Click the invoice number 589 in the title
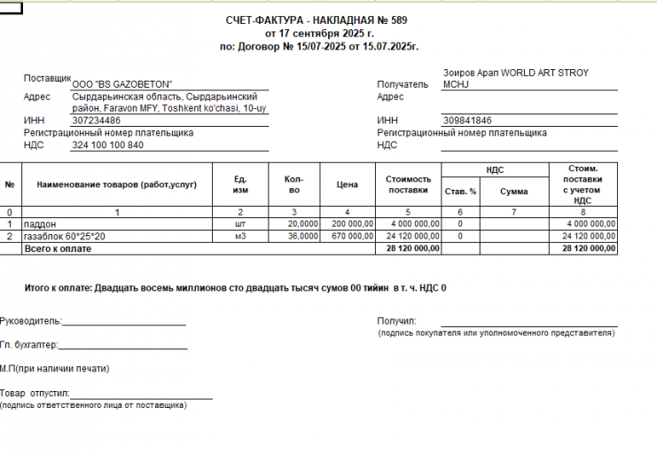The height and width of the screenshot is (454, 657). (398, 20)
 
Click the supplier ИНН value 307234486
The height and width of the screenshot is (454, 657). (97, 121)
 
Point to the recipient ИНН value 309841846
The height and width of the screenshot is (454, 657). (466, 121)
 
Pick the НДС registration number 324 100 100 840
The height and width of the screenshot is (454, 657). (107, 145)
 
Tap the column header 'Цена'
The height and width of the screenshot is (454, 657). (348, 184)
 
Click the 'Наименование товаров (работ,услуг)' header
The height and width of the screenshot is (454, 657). (116, 184)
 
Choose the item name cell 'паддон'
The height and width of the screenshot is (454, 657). (40, 224)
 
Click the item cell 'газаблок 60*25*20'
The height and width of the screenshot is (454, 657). (65, 237)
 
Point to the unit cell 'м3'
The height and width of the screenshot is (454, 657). (239, 237)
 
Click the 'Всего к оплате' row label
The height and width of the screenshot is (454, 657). (58, 249)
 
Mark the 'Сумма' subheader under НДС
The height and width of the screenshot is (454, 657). (513, 191)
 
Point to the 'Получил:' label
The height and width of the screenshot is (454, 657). (396, 321)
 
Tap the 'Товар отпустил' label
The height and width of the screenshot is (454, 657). (35, 393)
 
